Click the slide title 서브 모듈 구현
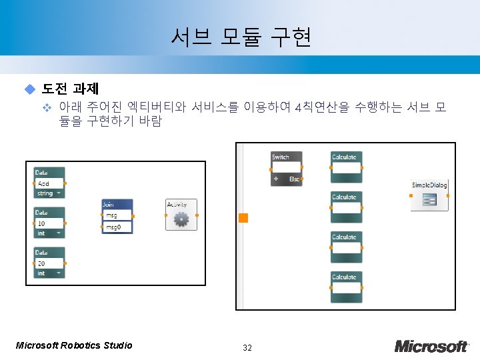tap(241, 38)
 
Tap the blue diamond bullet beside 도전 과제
tap(29, 89)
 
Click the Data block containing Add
tap(50, 183)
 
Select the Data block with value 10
tap(50, 223)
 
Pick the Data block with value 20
tap(50, 263)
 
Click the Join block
tap(117, 216)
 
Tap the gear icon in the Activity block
tap(181, 219)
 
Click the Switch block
tap(286, 169)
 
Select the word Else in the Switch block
tap(294, 179)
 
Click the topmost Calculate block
tap(346, 167)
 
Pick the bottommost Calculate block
tap(346, 287)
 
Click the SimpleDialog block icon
tap(429, 200)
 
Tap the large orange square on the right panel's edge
tap(243, 218)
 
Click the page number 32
tap(247, 347)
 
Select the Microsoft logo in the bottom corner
tap(431, 346)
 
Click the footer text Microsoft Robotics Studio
tap(73, 345)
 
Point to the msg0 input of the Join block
tap(113, 227)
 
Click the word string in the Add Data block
tap(45, 193)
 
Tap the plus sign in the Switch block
tap(276, 179)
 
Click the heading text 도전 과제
tap(70, 89)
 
